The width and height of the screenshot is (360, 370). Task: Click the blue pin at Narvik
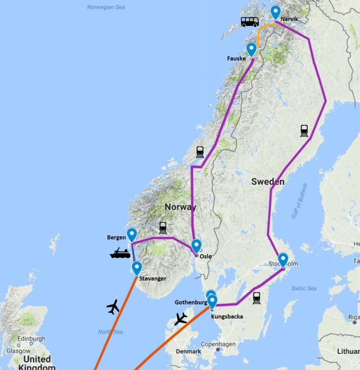275,12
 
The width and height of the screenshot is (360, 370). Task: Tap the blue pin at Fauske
251,49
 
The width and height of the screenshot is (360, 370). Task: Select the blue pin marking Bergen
131,235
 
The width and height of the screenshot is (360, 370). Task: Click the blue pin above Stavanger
137,268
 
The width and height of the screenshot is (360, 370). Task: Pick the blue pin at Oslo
196,246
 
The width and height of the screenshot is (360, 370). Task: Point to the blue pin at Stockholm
283,260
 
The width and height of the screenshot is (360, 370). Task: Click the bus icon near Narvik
250,22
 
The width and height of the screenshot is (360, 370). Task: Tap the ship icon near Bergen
120,253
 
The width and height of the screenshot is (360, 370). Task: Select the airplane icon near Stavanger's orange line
113,306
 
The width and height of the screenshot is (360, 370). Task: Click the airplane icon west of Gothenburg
181,318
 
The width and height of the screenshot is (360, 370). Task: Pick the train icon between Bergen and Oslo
163,227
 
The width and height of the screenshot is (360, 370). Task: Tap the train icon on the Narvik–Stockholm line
304,131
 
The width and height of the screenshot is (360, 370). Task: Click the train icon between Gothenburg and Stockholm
257,298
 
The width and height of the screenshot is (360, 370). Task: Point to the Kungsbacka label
227,317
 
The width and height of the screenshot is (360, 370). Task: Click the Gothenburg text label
191,302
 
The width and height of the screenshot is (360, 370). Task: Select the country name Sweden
268,182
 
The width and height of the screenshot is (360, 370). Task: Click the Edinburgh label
31,339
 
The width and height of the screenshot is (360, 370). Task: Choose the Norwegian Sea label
105,7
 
